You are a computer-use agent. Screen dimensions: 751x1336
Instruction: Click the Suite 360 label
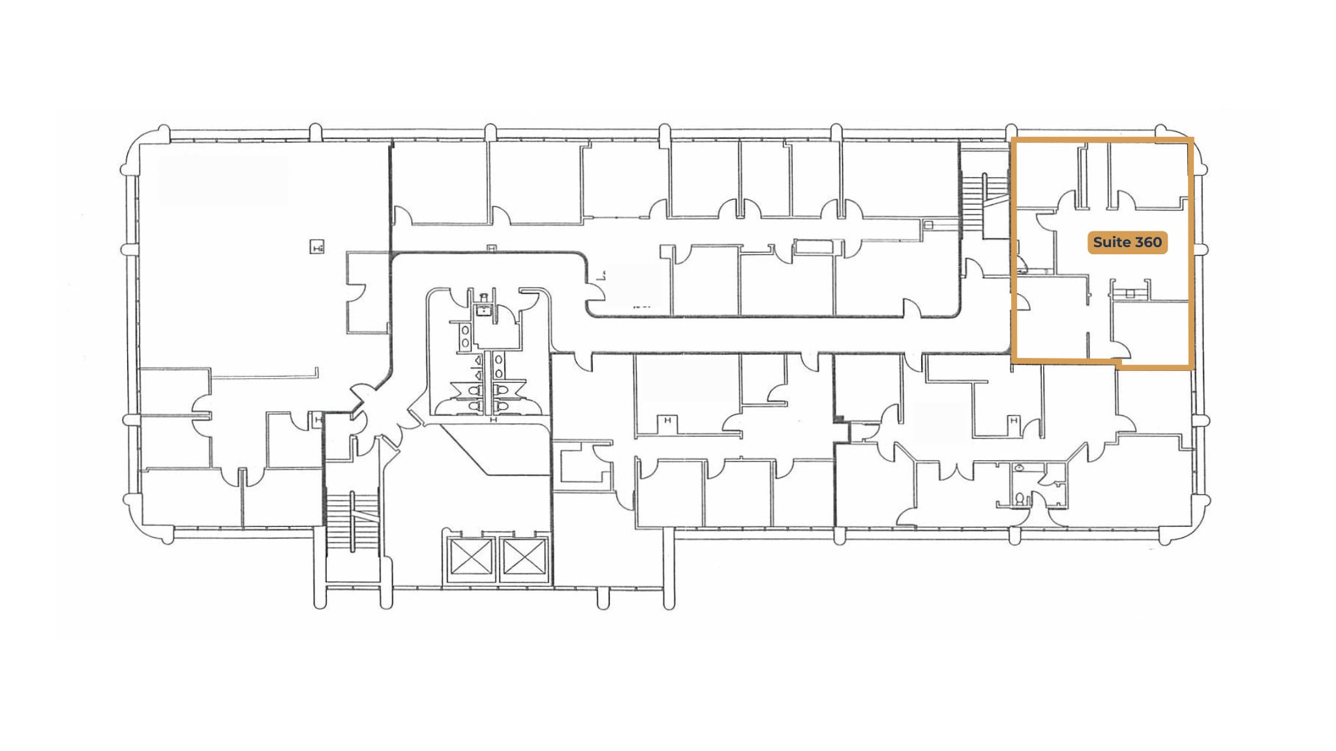1127,243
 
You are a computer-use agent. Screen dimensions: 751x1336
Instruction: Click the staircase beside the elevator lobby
352,522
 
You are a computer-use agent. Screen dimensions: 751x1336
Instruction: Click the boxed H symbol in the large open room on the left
317,247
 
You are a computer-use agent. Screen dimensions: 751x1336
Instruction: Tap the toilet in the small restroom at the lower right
1019,499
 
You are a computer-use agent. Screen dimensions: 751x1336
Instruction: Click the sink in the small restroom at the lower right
1020,467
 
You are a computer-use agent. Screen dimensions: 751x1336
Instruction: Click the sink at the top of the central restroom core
483,310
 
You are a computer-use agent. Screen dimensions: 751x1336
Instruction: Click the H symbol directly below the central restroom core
493,420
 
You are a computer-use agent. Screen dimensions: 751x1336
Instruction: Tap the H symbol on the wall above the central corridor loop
492,248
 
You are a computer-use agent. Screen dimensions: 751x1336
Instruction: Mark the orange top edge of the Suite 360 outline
1102,140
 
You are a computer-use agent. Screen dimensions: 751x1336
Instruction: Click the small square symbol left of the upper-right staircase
928,225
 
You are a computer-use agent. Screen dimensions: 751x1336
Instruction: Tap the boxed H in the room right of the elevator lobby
667,421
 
